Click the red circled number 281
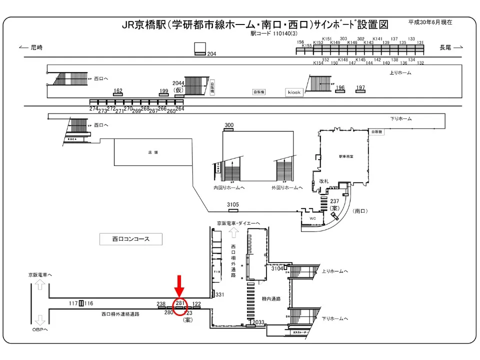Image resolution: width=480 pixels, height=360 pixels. click(x=180, y=303)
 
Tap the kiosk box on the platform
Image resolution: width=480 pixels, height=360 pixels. click(x=294, y=92)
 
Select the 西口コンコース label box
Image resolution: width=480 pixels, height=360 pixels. click(x=131, y=239)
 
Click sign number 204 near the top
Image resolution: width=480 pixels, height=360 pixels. click(x=211, y=54)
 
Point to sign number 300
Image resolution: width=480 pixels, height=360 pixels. click(x=229, y=125)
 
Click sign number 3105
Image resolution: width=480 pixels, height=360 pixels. click(x=233, y=205)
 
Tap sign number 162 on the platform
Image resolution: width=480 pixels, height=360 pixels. click(x=118, y=91)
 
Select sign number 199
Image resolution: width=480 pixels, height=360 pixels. click(x=164, y=91)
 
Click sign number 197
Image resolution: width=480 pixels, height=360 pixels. click(x=360, y=88)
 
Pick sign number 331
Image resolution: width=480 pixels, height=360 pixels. click(x=219, y=295)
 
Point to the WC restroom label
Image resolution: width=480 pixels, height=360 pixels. click(x=312, y=218)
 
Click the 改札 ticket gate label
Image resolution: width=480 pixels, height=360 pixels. click(x=324, y=181)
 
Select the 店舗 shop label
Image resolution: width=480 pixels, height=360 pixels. click(x=153, y=152)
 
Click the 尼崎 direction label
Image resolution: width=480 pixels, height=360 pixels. click(x=36, y=47)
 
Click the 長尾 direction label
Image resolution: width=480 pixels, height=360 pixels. click(x=445, y=47)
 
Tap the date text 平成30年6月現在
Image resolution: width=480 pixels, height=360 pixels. click(x=430, y=22)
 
